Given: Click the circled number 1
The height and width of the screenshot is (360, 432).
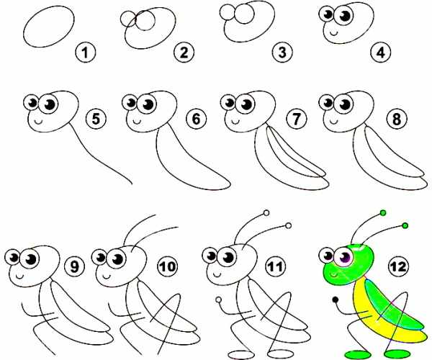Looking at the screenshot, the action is pyautogui.click(x=86, y=53).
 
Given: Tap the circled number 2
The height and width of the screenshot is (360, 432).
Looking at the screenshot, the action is pyautogui.click(x=184, y=53).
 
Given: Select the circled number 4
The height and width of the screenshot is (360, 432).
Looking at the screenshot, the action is pyautogui.click(x=381, y=53).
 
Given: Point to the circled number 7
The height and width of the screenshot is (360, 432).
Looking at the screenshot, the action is pyautogui.click(x=296, y=120).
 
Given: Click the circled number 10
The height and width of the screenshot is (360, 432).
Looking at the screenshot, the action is pyautogui.click(x=168, y=266).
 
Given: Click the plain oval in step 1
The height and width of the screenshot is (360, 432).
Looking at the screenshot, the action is pyautogui.click(x=49, y=27).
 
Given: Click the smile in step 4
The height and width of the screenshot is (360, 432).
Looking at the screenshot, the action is pyautogui.click(x=334, y=33).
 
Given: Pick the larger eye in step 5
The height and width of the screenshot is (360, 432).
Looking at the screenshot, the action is pyautogui.click(x=48, y=104).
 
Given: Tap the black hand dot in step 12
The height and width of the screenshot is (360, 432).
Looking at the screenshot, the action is pyautogui.click(x=336, y=300).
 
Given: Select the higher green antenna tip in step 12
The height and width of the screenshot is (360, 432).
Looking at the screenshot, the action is pyautogui.click(x=383, y=212).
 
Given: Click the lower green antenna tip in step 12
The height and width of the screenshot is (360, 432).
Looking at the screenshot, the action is pyautogui.click(x=405, y=226).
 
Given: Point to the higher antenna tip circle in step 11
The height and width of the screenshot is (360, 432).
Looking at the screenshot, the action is pyautogui.click(x=266, y=213).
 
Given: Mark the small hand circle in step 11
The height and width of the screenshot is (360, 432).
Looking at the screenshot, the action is pyautogui.click(x=219, y=300).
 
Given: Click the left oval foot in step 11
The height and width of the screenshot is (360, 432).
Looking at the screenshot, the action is pyautogui.click(x=240, y=354).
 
